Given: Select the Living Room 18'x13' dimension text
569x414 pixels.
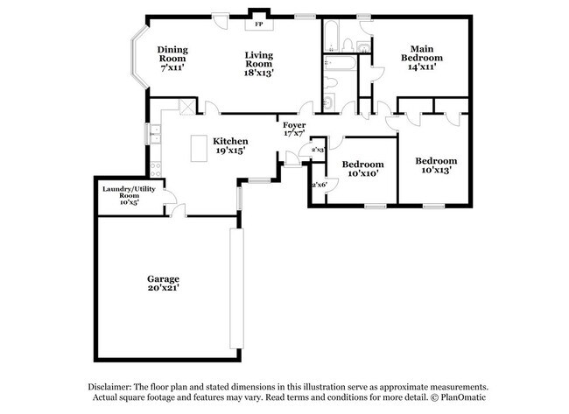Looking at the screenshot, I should [259, 74].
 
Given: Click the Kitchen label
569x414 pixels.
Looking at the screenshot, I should [230, 141].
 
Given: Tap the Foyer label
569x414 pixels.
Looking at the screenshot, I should [293, 125].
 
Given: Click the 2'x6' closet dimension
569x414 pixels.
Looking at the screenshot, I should [318, 184].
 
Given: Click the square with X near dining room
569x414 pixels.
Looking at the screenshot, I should [186, 107].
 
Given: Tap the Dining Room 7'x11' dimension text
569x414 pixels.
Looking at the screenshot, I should [172, 67].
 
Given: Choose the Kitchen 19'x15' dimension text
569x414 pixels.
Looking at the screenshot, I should [229, 151].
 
